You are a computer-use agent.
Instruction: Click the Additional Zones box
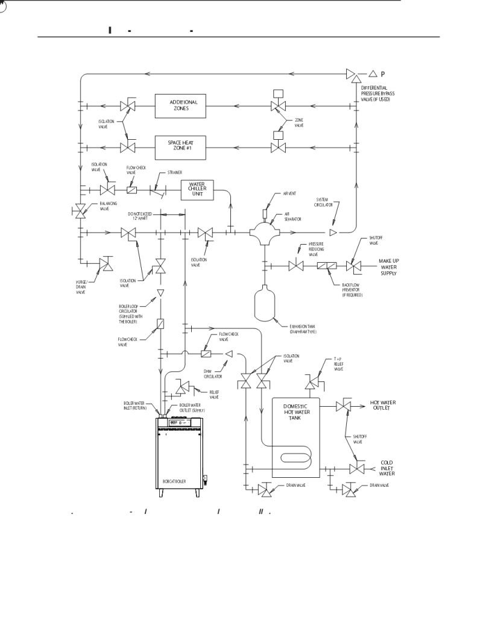pyautogui.click(x=183, y=105)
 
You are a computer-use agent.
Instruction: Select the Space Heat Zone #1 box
pyautogui.click(x=183, y=146)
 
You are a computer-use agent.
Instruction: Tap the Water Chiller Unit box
pyautogui.click(x=197, y=189)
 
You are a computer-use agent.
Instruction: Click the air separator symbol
pyautogui.click(x=264, y=231)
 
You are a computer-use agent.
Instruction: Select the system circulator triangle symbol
pyautogui.click(x=333, y=231)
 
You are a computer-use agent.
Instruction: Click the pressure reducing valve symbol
pyautogui.click(x=295, y=265)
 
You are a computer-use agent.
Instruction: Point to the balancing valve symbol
pyautogui.click(x=80, y=210)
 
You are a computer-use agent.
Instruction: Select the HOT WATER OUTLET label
pyautogui.click(x=384, y=405)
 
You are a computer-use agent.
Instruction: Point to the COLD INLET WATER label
pyautogui.click(x=387, y=468)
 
